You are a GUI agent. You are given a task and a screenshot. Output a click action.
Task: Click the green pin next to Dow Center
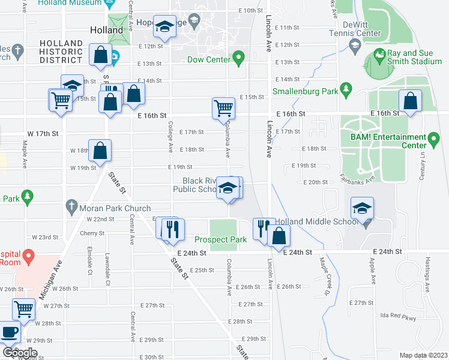tap(238, 59)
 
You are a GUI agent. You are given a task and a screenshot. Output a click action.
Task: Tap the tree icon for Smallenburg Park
tap(345, 89)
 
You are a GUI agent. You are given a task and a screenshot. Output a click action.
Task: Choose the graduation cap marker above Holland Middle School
tap(363, 208)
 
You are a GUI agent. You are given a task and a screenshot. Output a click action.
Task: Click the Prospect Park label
tap(220, 239)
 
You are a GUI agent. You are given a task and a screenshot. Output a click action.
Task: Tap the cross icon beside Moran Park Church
tap(71, 205)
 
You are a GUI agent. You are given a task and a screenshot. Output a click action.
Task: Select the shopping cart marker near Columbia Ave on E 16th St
tap(223, 109)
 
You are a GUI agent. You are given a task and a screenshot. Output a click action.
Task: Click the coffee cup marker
tap(10, 332)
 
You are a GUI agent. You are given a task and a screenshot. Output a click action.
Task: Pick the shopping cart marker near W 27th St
tap(24, 309)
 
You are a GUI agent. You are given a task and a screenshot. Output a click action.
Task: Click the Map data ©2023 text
tap(423, 355)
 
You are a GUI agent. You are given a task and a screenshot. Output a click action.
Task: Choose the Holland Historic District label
tap(61, 52)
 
